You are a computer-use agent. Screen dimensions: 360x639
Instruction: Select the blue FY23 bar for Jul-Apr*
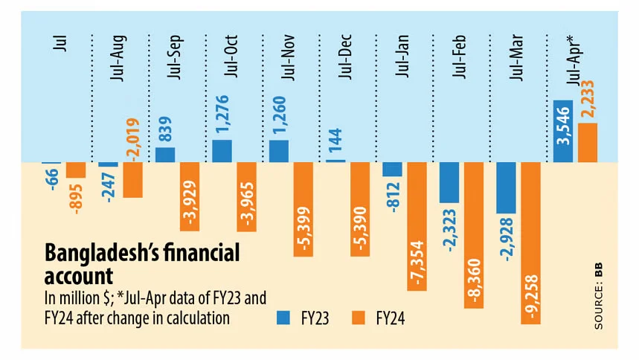tap(563, 132)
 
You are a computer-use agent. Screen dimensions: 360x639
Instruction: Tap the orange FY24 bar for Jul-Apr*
tap(588, 143)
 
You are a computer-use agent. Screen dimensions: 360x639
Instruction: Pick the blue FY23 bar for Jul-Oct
tap(222, 151)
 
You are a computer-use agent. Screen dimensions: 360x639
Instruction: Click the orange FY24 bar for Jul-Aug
tap(132, 179)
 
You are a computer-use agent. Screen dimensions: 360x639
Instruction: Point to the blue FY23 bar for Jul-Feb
tap(449, 182)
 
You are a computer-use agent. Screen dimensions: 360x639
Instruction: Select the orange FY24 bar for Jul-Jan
tap(417, 226)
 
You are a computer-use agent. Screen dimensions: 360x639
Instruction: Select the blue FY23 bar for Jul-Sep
tap(165, 155)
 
